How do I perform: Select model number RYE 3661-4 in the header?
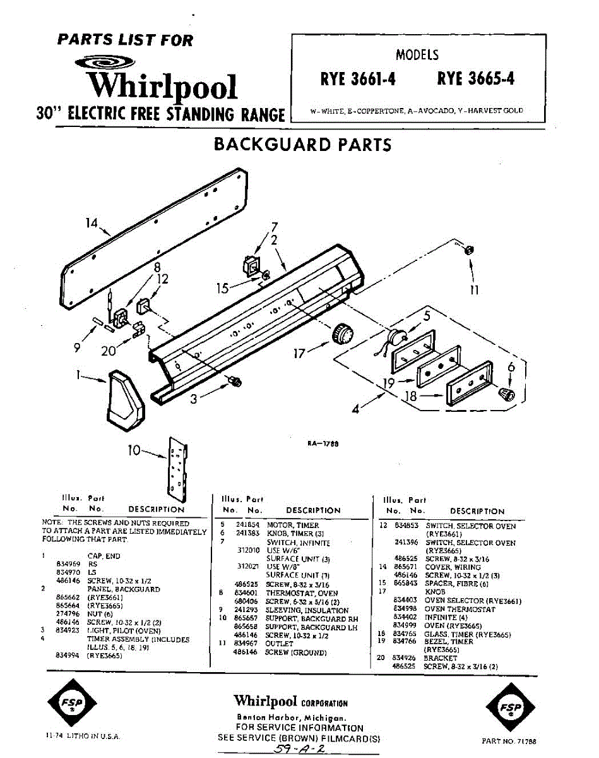click(x=359, y=79)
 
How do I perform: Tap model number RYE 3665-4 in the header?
click(x=475, y=79)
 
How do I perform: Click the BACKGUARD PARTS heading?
click(x=302, y=144)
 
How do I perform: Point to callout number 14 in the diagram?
click(x=93, y=222)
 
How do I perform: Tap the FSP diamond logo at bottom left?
click(x=71, y=703)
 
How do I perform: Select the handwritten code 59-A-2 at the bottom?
click(x=297, y=747)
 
